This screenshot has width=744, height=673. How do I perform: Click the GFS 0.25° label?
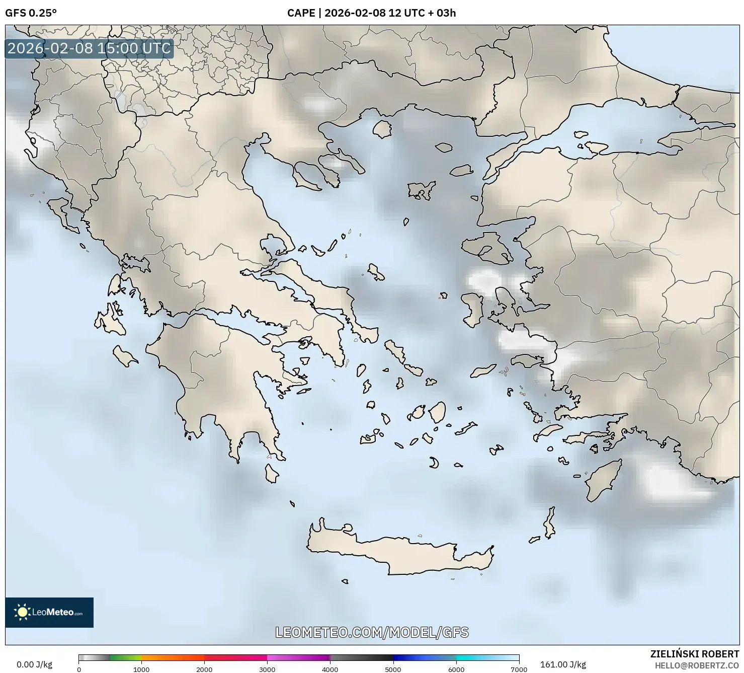tap(31, 13)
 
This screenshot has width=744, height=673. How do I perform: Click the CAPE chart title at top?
tap(371, 13)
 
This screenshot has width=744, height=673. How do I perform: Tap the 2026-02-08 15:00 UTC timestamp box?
tap(89, 48)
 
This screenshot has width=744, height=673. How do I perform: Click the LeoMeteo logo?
tap(49, 612)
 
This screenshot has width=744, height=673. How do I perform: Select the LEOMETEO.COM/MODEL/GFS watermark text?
tap(372, 632)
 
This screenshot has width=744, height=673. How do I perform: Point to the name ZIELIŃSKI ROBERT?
tap(695, 654)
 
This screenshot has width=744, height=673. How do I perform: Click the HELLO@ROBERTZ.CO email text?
tap(697, 665)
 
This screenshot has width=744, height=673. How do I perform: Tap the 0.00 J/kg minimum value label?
tap(34, 664)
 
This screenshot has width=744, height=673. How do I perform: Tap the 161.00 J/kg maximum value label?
tap(563, 664)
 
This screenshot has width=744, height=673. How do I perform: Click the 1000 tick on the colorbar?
tap(141, 669)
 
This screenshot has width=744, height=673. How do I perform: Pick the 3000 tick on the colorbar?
tap(267, 669)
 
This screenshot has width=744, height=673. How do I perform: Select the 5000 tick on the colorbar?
tap(393, 669)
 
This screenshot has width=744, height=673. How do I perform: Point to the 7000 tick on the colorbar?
tap(519, 669)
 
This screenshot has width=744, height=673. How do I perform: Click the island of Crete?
tap(397, 554)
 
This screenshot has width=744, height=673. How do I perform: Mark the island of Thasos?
tap(382, 129)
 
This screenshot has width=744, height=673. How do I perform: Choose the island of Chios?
tap(472, 310)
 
